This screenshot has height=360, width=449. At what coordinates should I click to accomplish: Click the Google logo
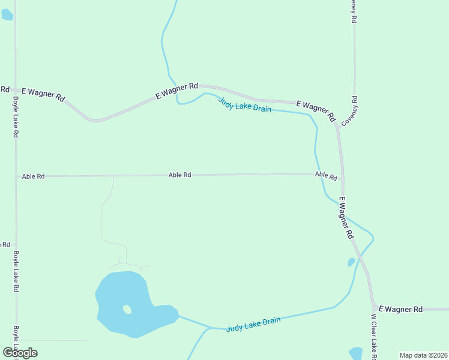pos(20,353)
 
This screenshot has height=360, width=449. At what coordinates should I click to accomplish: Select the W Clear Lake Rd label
pos(373,337)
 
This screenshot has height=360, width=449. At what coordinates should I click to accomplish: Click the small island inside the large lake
pos(127,310)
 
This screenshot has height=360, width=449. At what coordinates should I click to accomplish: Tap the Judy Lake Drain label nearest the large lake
pos(253,325)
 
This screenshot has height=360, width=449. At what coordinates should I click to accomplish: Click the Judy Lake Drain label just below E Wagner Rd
pos(244,105)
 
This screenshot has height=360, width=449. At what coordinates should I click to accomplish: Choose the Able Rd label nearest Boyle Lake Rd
pos(33,176)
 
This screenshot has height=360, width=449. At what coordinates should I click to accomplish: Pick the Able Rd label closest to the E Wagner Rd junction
pos(326,176)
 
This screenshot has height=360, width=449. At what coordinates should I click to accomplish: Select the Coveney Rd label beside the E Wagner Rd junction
pos(350,111)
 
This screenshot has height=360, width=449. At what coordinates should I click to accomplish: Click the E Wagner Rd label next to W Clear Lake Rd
pos(400,309)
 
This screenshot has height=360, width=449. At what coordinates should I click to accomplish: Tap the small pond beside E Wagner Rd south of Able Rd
pos(351,262)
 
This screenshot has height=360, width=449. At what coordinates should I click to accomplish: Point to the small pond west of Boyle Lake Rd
pos(7,14)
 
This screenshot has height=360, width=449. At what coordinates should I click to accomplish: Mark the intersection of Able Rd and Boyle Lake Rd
pos(16,176)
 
